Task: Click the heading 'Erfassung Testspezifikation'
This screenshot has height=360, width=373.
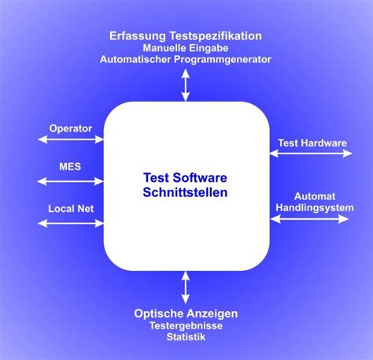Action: (x=186, y=36)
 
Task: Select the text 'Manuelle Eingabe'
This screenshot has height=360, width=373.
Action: (x=186, y=48)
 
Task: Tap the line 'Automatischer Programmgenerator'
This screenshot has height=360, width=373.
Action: (x=186, y=59)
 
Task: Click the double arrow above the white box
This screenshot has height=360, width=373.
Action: (x=186, y=85)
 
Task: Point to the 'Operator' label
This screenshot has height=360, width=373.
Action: (x=71, y=128)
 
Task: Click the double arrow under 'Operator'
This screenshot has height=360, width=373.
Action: (x=71, y=139)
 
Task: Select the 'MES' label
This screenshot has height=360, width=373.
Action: (x=70, y=166)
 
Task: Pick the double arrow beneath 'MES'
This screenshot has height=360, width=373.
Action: (x=70, y=181)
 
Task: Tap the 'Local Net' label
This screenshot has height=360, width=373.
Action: (x=71, y=209)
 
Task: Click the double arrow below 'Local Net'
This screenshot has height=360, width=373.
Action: (x=71, y=224)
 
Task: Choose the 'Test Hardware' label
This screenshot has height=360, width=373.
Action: (x=312, y=143)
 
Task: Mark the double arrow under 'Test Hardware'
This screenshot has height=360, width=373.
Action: (x=311, y=153)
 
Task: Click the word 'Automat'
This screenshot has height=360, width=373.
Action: (x=315, y=196)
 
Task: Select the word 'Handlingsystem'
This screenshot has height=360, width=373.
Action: (x=315, y=208)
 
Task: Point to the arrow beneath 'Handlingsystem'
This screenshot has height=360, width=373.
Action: (x=309, y=219)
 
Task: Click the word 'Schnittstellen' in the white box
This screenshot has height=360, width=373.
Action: (x=185, y=192)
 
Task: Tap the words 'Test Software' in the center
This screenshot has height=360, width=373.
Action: (x=185, y=178)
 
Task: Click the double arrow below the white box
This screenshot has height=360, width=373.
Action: (x=186, y=288)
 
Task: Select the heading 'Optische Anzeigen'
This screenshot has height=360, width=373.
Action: (x=186, y=314)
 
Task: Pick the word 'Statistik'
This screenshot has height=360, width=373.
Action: (x=186, y=337)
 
